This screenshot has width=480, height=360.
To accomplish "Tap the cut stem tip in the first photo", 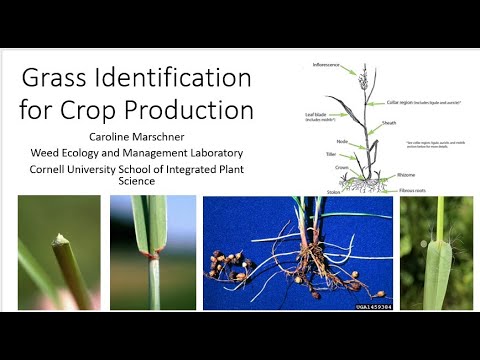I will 64,240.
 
